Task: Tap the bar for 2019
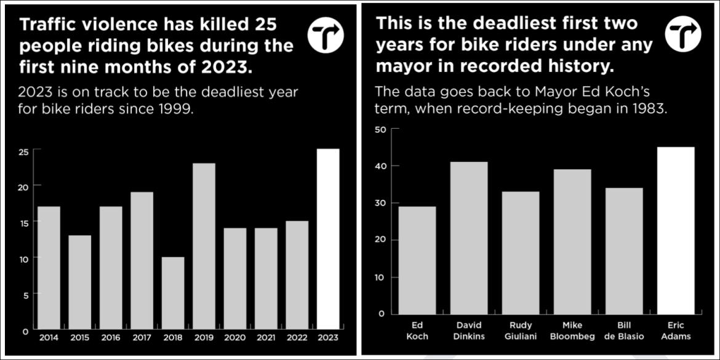click(x=204, y=246)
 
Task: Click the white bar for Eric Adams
click(x=676, y=230)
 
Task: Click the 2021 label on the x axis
click(x=266, y=337)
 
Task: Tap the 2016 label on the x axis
click(x=111, y=337)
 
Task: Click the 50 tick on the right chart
click(x=380, y=129)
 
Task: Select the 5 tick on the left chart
click(x=25, y=295)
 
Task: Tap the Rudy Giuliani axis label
click(x=521, y=331)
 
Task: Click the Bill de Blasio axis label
click(x=624, y=331)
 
